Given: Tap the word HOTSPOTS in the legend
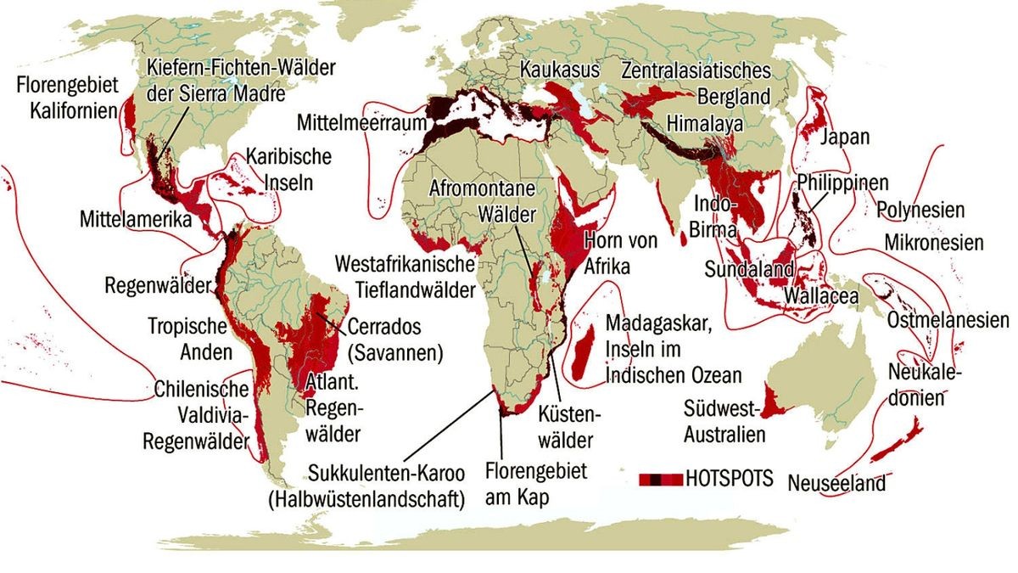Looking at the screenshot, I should coord(730,478).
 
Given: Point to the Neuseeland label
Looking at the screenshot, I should coord(836,483).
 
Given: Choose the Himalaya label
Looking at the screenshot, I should coord(705,123).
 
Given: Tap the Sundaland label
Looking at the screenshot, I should coord(749,269).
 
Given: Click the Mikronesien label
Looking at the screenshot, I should coord(933,243).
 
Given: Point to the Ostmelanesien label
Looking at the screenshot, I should coord(948,320).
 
